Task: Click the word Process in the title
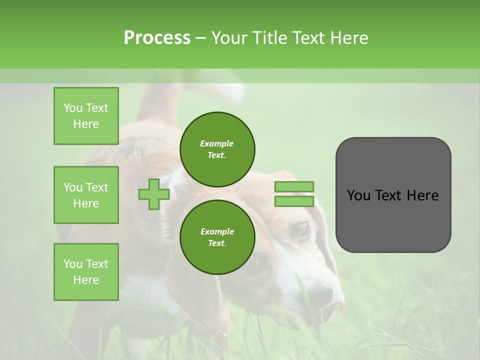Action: point(157,38)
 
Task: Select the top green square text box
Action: point(86,116)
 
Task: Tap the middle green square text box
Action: point(86,195)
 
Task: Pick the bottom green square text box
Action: point(86,272)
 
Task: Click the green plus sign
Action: point(154,194)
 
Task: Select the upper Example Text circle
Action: point(217,149)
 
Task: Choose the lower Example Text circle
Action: point(217,237)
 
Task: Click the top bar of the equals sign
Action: point(294,186)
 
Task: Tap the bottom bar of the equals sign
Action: point(294,201)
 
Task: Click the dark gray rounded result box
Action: point(393,195)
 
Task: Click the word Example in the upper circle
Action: point(216,143)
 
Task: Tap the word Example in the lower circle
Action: point(217,231)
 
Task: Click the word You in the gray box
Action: point(358,195)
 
